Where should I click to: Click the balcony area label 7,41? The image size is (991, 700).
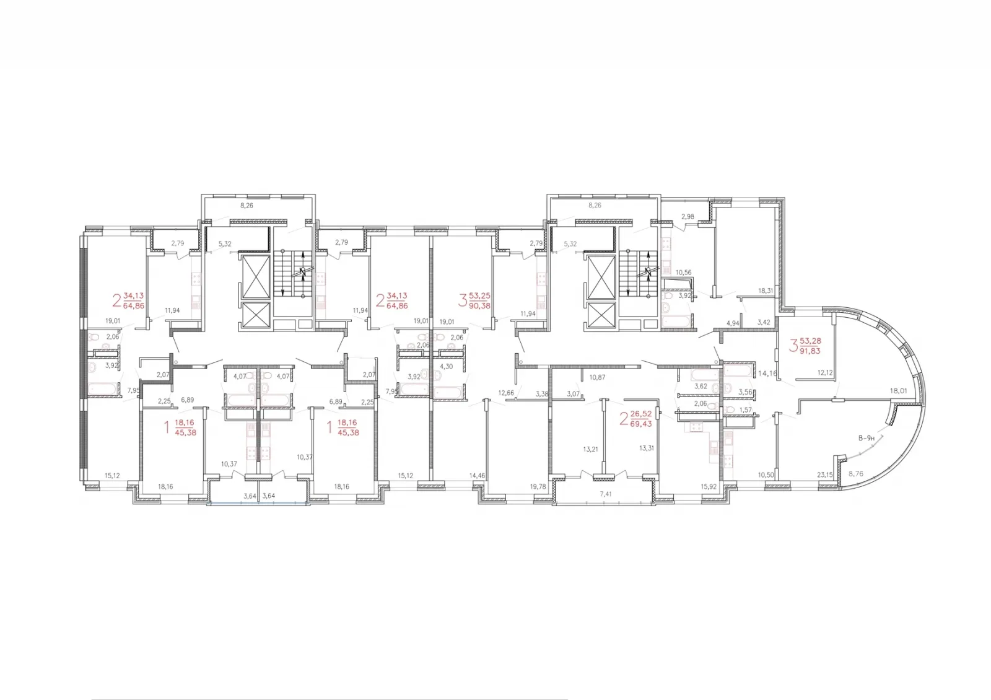tap(606, 494)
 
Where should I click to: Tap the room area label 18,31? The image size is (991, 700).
tap(766, 291)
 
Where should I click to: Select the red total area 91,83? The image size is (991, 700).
tap(810, 351)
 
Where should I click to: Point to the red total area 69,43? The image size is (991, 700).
tap(642, 424)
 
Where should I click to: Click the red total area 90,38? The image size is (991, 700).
tap(480, 305)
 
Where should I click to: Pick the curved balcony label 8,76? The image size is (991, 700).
tap(855, 473)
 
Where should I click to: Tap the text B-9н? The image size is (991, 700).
tap(867, 438)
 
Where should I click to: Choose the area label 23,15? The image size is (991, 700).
tap(824, 475)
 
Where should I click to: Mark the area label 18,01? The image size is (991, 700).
tap(899, 391)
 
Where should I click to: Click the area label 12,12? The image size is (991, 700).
tap(824, 372)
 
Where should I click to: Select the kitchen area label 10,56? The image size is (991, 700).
tap(683, 273)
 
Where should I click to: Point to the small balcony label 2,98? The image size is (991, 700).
tap(688, 216)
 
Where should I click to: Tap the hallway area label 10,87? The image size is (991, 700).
tap(597, 377)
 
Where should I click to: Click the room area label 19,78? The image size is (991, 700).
tap(538, 486)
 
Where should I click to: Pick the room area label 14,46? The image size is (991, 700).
tap(477, 476)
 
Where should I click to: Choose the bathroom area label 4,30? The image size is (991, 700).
tap(447, 366)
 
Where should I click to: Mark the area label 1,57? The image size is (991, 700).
tap(745, 410)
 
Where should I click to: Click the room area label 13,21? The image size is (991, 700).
tap(590, 449)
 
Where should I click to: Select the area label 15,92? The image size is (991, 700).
tap(709, 486)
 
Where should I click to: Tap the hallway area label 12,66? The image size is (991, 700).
tap(506, 393)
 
